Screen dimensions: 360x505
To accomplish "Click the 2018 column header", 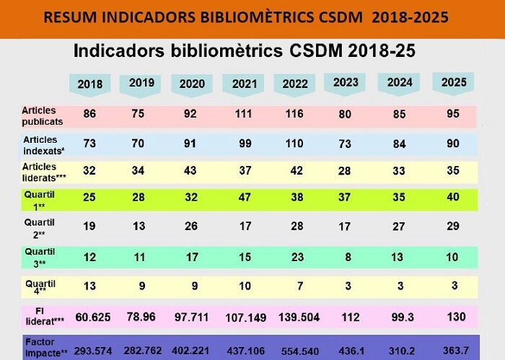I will pos(89,84).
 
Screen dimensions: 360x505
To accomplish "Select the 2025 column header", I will pos(452,82).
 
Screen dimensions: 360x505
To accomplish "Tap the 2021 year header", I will pos(245,84).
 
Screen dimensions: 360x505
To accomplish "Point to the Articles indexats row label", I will pos(40,144).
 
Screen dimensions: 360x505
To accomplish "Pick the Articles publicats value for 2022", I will pos(296,115).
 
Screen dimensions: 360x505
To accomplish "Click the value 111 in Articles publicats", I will pos(244,115).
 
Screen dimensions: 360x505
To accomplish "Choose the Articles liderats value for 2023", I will pos(347,170).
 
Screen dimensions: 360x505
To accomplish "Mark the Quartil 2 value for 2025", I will pos(452,227).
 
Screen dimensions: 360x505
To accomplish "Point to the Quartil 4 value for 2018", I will pos(90,285).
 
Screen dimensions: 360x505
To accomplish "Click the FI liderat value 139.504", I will pos(296,315).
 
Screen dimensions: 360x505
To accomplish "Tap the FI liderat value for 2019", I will pos(141,315).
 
